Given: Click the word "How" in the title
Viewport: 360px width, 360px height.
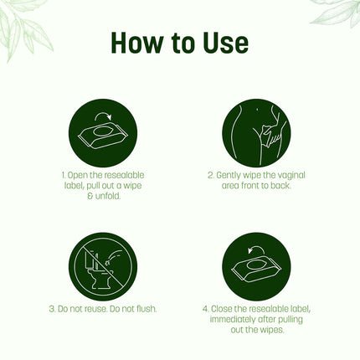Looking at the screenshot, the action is click(136, 43).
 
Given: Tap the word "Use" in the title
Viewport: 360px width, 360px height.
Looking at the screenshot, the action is click(226, 43).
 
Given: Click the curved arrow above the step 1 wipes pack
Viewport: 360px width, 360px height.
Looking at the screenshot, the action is click(103, 116).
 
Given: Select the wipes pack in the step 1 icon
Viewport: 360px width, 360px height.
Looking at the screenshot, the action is click(103, 135).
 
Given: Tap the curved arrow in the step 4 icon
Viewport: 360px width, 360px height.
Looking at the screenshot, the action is click(255, 249).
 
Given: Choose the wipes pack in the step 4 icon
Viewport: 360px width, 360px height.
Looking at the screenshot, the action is click(256, 269).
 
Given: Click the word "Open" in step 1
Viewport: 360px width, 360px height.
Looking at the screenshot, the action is click(78, 176).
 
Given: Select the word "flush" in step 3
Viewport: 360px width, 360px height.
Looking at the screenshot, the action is click(146, 309).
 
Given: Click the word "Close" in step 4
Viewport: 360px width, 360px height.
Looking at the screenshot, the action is click(221, 309).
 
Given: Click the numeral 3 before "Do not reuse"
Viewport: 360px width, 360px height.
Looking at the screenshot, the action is click(52, 309).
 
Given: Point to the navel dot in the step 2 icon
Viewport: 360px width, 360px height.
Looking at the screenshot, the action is click(257, 110).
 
